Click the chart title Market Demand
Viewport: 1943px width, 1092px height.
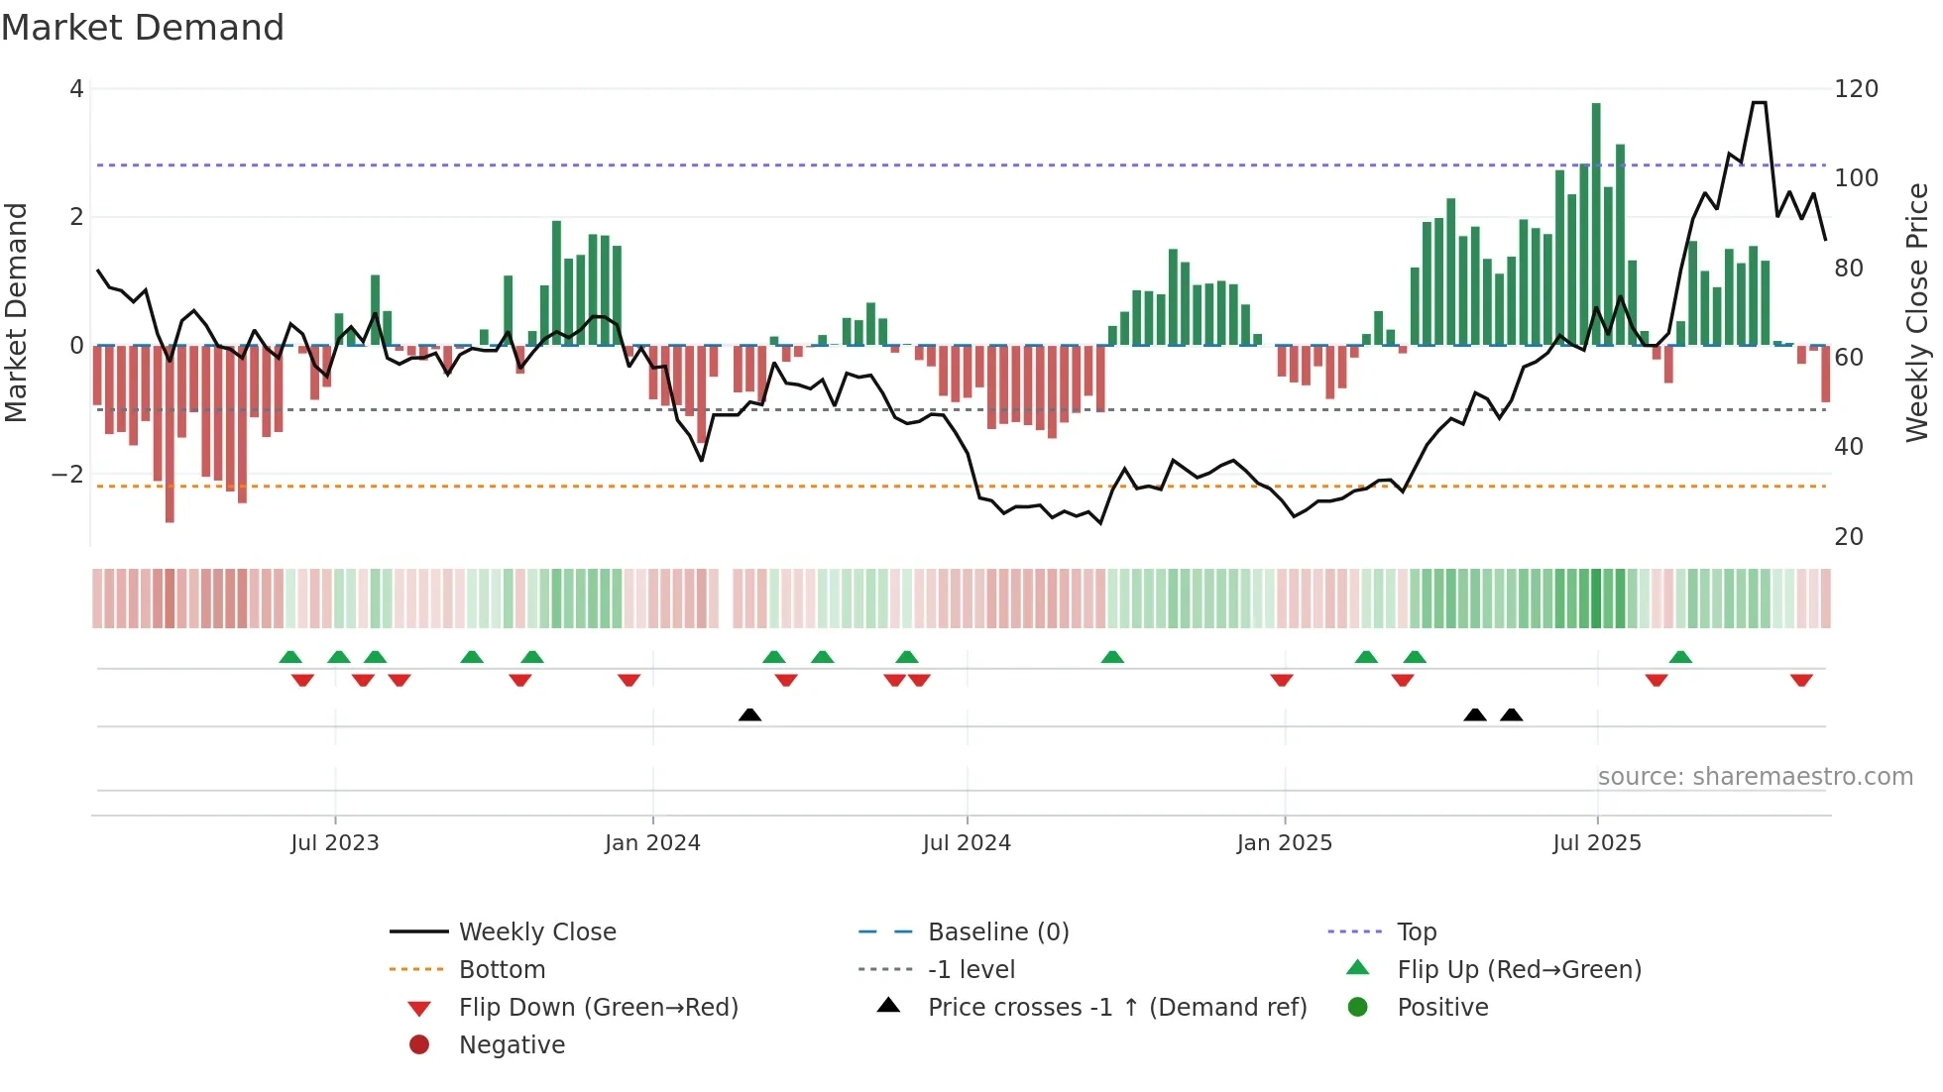pyautogui.click(x=143, y=28)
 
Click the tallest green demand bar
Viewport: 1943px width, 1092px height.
pyautogui.click(x=1596, y=223)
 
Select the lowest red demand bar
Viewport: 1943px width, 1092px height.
pyautogui.click(x=170, y=433)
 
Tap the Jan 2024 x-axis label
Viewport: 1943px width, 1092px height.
pyautogui.click(x=652, y=843)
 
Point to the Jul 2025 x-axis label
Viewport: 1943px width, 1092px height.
pyautogui.click(x=1597, y=843)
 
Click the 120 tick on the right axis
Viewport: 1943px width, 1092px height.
pyautogui.click(x=1856, y=89)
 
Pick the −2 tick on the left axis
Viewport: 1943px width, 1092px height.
pyautogui.click(x=68, y=475)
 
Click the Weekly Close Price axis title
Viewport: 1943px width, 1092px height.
pyautogui.click(x=1917, y=312)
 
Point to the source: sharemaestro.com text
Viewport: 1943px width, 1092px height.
pyautogui.click(x=1755, y=777)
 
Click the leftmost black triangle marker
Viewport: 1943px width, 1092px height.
pyautogui.click(x=750, y=714)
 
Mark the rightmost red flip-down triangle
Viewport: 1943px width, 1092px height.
pyautogui.click(x=1801, y=680)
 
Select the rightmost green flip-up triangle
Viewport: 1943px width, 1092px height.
pyautogui.click(x=1680, y=657)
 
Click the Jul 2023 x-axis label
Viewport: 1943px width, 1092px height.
pyautogui.click(x=335, y=843)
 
